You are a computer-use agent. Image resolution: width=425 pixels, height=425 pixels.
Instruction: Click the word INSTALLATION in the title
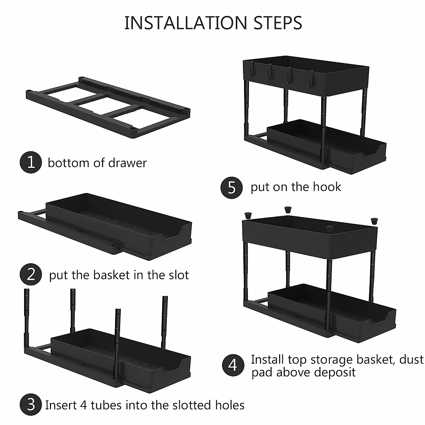pyautogui.click(x=186, y=23)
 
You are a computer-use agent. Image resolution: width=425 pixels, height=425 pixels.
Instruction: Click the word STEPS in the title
pyautogui.click(x=278, y=23)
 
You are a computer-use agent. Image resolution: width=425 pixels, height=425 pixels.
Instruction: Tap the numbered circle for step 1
pyautogui.click(x=31, y=162)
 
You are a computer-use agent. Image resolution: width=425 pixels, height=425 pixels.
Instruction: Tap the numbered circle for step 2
pyautogui.click(x=31, y=274)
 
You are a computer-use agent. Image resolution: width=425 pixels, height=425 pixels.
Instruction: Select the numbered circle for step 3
pyautogui.click(x=31, y=404)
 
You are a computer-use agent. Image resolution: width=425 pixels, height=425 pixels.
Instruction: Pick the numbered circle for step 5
pyautogui.click(x=232, y=188)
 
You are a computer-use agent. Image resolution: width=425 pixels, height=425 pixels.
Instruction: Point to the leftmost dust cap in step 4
pyautogui.click(x=248, y=215)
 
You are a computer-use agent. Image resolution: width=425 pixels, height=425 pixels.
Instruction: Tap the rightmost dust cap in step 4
pyautogui.click(x=374, y=221)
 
